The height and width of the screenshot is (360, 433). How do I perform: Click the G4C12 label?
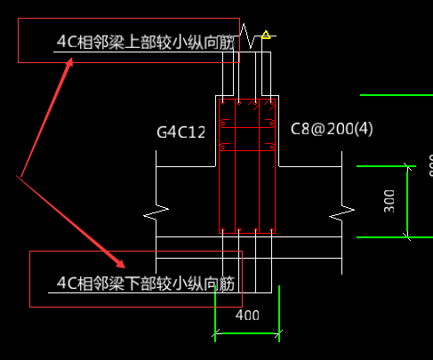180,132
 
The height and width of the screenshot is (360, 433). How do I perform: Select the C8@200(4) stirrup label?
332,129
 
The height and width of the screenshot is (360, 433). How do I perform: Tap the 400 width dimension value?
247,315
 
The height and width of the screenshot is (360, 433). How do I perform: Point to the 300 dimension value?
389,201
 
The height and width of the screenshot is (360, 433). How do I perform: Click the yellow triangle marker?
266,35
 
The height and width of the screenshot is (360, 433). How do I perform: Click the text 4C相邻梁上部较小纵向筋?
146,42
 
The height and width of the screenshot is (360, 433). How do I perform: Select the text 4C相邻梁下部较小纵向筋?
146,283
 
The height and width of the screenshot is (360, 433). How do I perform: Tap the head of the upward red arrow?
69,61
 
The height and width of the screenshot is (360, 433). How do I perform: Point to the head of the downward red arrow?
121,263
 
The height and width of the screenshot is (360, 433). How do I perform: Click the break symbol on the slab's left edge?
156,212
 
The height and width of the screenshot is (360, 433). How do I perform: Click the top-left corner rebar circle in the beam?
223,103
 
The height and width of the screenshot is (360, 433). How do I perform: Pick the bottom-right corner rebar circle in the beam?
272,229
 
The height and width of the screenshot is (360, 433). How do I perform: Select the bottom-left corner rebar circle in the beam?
223,229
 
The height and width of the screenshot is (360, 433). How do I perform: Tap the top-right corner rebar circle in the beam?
272,103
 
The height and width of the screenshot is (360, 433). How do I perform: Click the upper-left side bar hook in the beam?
223,124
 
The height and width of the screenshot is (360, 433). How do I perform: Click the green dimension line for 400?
247,333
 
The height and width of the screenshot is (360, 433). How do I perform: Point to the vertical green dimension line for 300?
407,202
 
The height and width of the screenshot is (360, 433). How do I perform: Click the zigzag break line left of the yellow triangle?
248,36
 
